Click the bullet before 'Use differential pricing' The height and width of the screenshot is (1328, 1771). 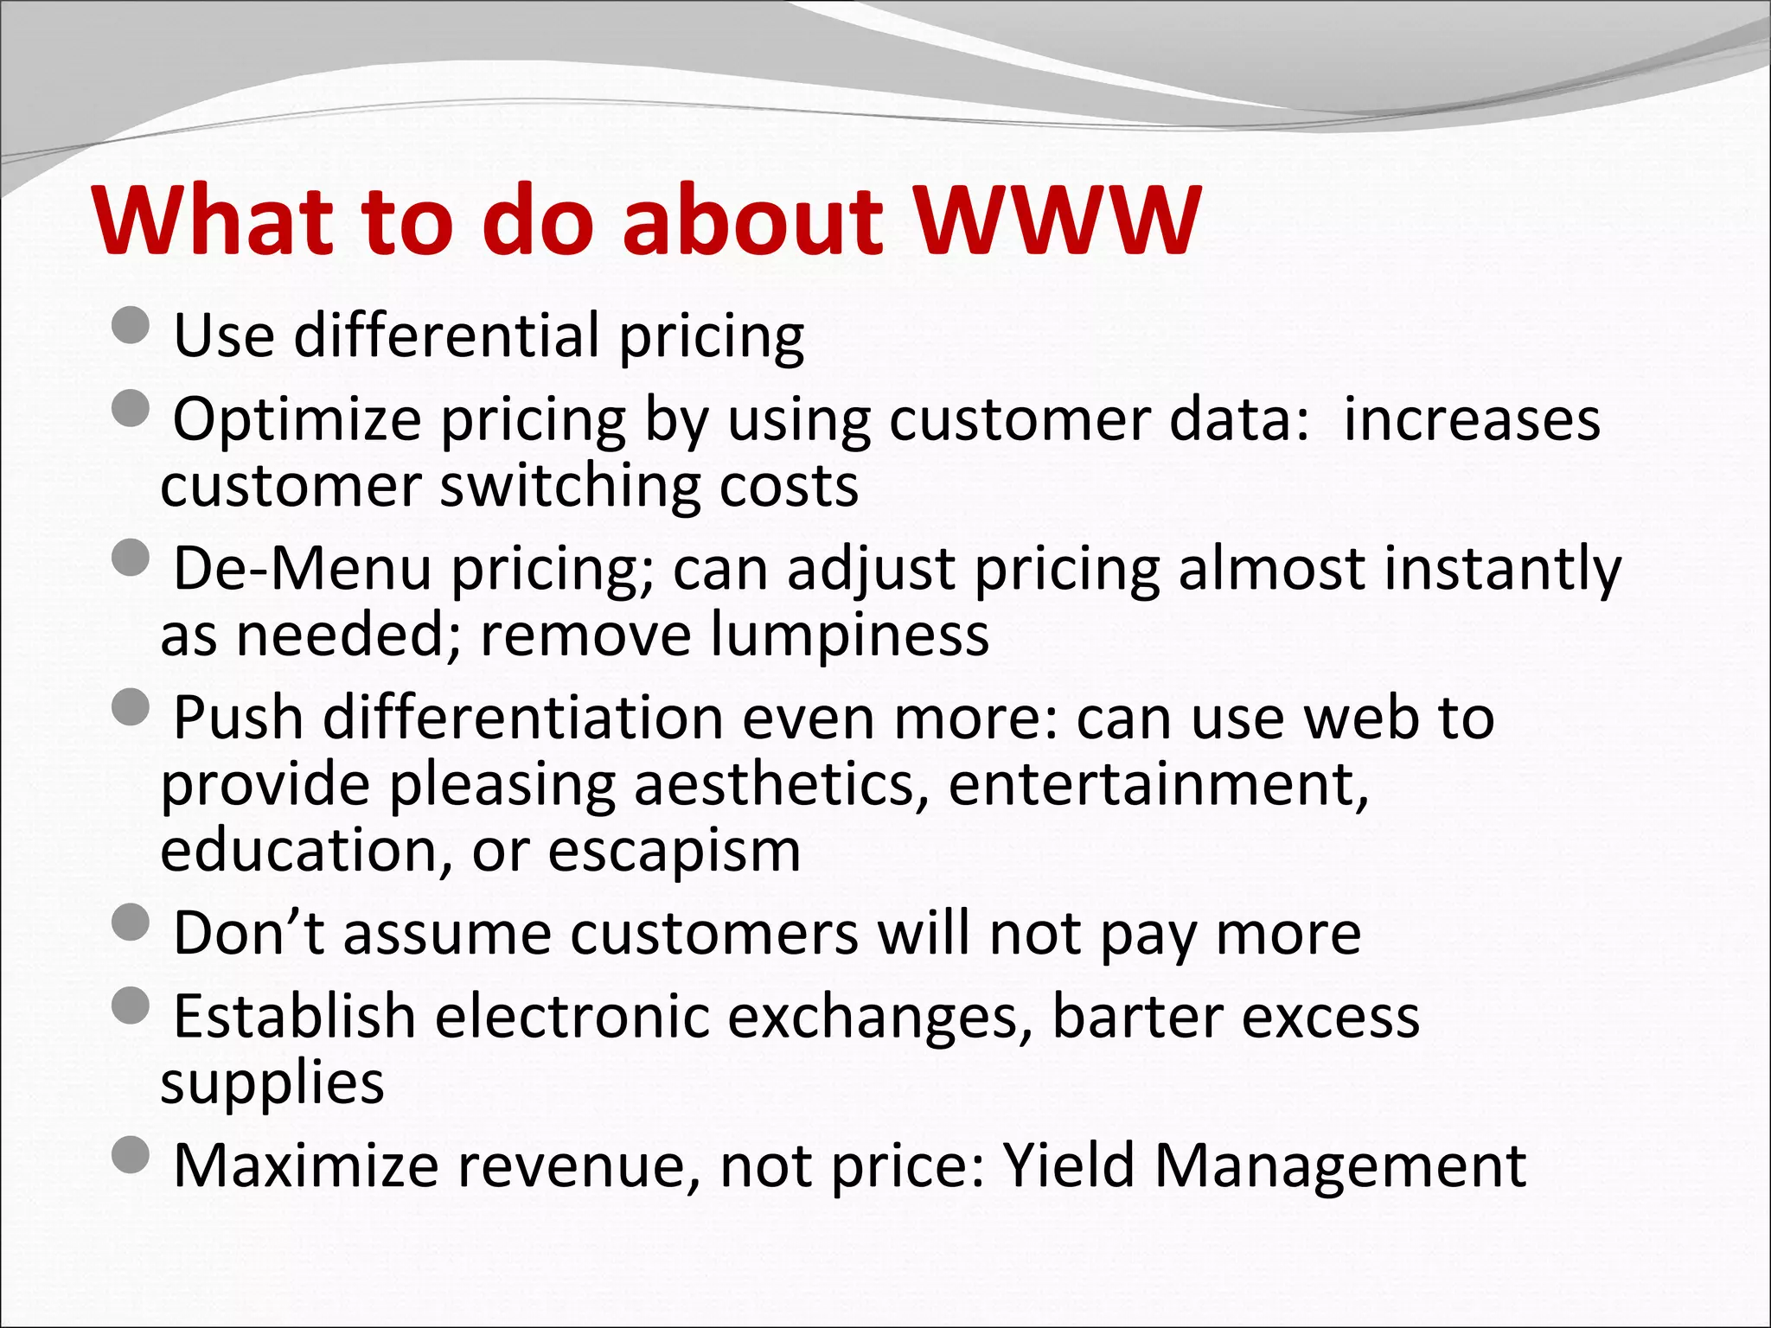tap(131, 327)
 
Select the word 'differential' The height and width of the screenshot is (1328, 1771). tap(446, 335)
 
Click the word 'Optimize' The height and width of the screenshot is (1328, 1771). tap(297, 421)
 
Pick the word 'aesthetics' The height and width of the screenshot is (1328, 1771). tap(774, 785)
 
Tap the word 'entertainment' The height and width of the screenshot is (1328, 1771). tap(1158, 785)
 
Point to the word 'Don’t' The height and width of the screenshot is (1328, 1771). tap(248, 934)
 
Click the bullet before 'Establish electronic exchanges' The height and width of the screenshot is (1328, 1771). tap(131, 1006)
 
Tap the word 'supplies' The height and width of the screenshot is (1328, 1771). tap(272, 1082)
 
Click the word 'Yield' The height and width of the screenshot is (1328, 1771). tap(1068, 1165)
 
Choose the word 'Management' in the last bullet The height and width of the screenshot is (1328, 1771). tap(1339, 1165)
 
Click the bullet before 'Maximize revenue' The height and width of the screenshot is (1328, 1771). tap(131, 1155)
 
